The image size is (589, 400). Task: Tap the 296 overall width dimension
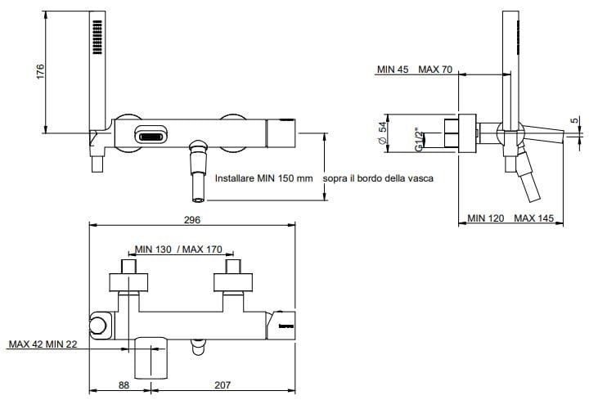(191, 219)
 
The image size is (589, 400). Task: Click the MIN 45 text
(393, 70)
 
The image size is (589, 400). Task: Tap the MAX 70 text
(436, 70)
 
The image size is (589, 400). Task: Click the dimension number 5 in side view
(575, 120)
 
